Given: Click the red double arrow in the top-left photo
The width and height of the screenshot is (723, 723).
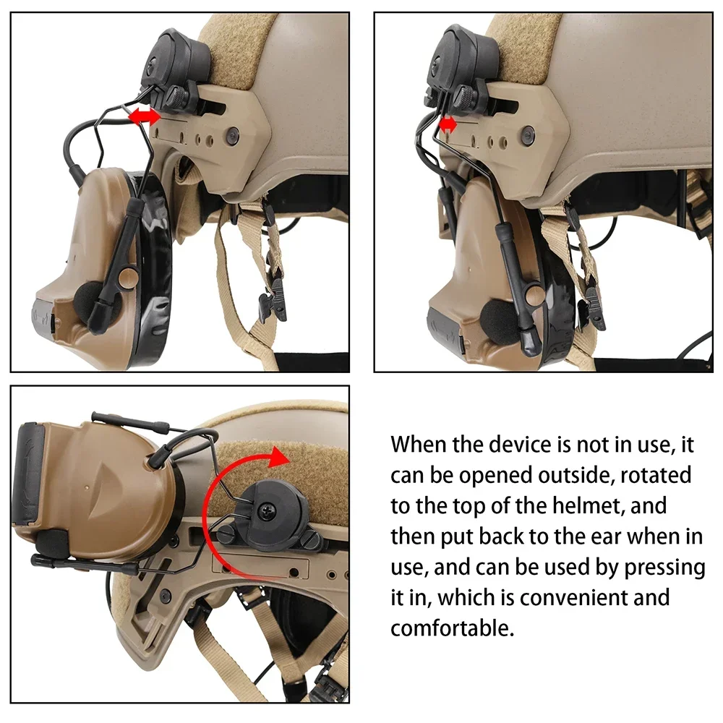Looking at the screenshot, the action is tap(144, 116).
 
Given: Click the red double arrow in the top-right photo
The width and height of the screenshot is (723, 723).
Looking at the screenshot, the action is tap(448, 124).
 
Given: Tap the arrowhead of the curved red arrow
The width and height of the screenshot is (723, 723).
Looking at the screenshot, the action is tap(278, 456).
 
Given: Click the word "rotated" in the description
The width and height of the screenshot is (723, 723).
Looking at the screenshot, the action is tap(656, 476).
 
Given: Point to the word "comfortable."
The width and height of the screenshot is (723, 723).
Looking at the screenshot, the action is tap(452, 628).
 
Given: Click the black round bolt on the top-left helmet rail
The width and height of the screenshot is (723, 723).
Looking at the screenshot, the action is tap(232, 135).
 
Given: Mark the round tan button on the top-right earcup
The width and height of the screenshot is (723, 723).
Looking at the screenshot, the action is tap(535, 294).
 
